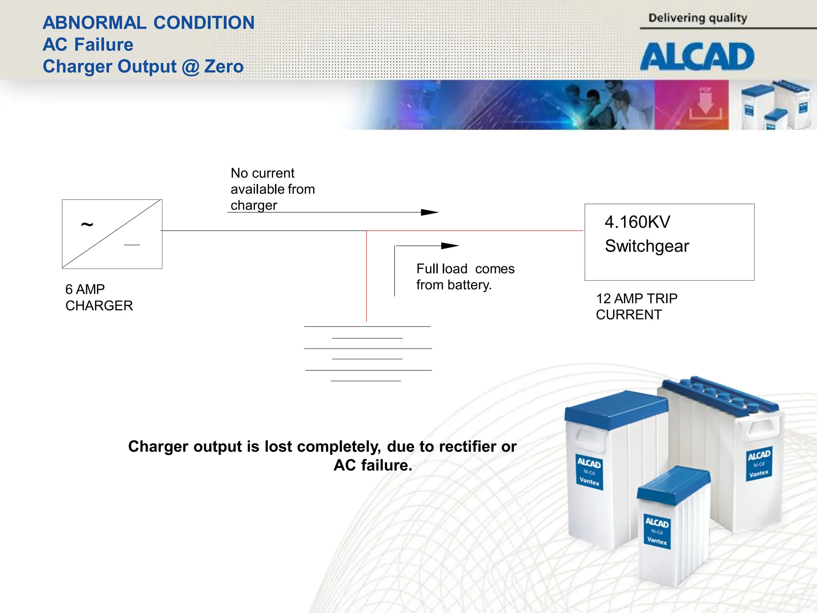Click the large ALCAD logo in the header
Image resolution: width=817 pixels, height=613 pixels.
pyautogui.click(x=697, y=57)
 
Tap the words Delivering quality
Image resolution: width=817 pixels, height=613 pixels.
pyautogui.click(x=697, y=18)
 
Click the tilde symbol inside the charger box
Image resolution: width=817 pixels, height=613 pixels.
pyautogui.click(x=87, y=225)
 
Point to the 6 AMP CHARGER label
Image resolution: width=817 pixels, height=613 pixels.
pyautogui.click(x=99, y=297)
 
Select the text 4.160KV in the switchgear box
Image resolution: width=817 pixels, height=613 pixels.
pyautogui.click(x=637, y=222)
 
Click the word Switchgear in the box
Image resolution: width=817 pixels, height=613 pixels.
pyautogui.click(x=647, y=246)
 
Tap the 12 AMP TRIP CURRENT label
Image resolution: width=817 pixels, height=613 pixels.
pyautogui.click(x=636, y=306)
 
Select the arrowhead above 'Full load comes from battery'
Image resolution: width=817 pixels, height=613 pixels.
pyautogui.click(x=450, y=246)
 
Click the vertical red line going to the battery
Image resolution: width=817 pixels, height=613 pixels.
pyautogui.click(x=366, y=279)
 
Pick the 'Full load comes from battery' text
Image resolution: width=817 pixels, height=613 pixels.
pyautogui.click(x=465, y=277)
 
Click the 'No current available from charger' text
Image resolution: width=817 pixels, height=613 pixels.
pyautogui.click(x=272, y=189)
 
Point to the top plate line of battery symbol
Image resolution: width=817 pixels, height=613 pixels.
pyautogui.click(x=367, y=326)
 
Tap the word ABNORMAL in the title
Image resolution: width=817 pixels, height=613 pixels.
pyautogui.click(x=95, y=23)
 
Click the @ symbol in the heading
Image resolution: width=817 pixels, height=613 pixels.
pyautogui.click(x=190, y=67)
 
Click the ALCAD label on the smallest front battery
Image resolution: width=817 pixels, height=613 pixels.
pyautogui.click(x=657, y=523)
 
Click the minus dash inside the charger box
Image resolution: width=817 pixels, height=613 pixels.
pyautogui.click(x=132, y=245)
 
